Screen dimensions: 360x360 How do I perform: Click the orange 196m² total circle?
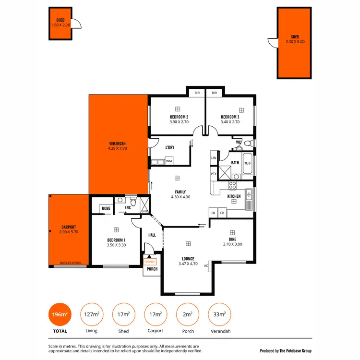point(60,314)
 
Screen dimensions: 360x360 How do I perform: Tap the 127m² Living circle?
point(91,314)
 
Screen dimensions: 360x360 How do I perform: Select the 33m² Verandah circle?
point(219,314)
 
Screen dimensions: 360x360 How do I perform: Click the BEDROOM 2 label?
point(179,117)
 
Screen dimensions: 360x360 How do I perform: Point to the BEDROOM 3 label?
point(230,117)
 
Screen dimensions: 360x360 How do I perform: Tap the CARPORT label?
point(69,227)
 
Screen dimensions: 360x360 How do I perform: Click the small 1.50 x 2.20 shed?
point(60,23)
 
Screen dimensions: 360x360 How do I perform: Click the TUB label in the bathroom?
point(247,163)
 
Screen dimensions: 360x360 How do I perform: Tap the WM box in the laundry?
point(169,161)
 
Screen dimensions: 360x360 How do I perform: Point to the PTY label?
point(214,174)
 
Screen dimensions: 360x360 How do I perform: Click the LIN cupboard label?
point(214,157)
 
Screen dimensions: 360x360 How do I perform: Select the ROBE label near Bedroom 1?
point(105,208)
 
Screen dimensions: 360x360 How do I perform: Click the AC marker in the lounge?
point(206,265)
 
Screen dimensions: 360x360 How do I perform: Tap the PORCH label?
point(152,269)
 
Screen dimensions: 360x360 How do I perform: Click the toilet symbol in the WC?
point(248,143)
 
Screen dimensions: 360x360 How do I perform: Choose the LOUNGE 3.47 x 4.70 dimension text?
point(188,263)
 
